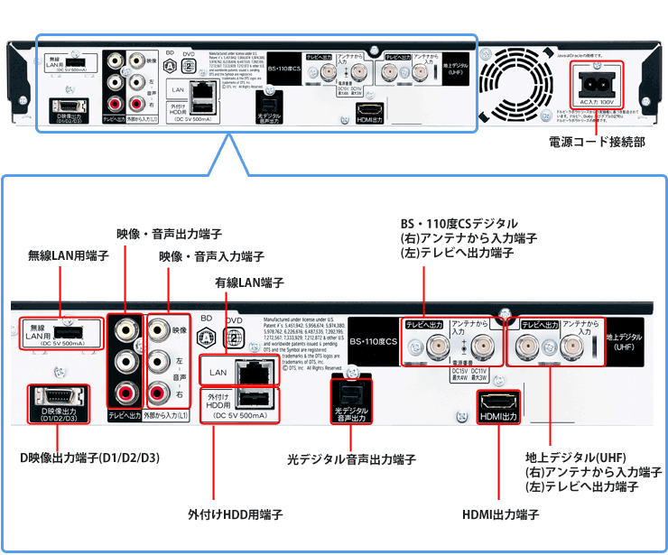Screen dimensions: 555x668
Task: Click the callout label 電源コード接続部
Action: pyautogui.click(x=596, y=142)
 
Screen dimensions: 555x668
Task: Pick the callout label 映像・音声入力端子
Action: pyautogui.click(x=211, y=256)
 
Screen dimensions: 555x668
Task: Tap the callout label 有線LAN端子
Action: pyautogui.click(x=249, y=282)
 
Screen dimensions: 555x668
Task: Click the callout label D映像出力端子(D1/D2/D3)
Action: pyautogui.click(x=89, y=458)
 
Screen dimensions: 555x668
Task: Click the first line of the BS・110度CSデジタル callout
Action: pyautogui.click(x=459, y=223)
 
